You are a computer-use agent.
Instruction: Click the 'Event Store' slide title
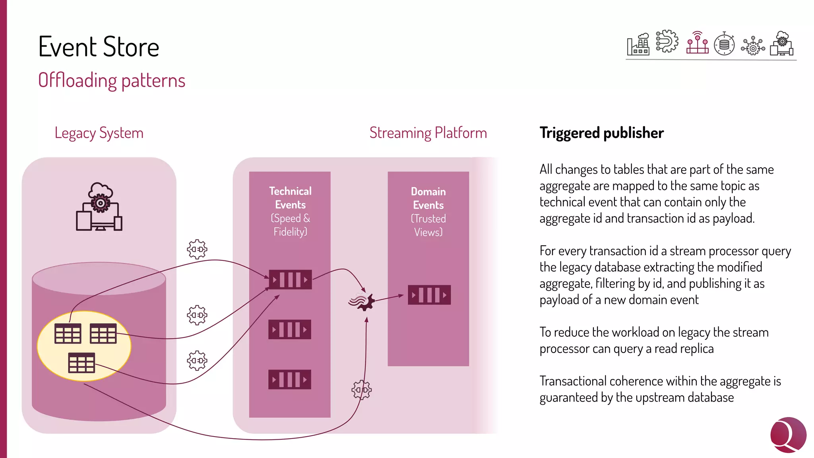[x=99, y=47]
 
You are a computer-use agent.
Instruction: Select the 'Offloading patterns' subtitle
[x=112, y=80]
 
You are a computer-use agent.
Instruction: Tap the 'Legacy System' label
[x=99, y=133]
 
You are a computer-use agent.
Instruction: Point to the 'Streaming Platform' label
[x=428, y=133]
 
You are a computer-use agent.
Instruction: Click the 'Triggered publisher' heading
[x=601, y=133]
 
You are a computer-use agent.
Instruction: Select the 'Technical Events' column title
[x=290, y=198]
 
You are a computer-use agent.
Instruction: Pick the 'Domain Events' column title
[x=428, y=198]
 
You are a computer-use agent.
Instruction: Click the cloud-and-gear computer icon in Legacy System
[x=99, y=207]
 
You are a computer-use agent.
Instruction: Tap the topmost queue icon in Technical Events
[x=290, y=279]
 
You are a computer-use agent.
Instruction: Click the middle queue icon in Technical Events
[x=290, y=330]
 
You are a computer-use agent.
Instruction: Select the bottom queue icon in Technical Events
[x=290, y=379]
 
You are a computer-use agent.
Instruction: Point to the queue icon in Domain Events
[x=429, y=295]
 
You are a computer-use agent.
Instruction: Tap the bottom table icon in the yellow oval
[x=81, y=363]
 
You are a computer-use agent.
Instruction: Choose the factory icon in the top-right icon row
[x=638, y=45]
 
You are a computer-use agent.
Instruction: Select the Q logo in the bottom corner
[x=788, y=435]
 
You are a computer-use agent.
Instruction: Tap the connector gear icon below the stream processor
[x=361, y=390]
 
